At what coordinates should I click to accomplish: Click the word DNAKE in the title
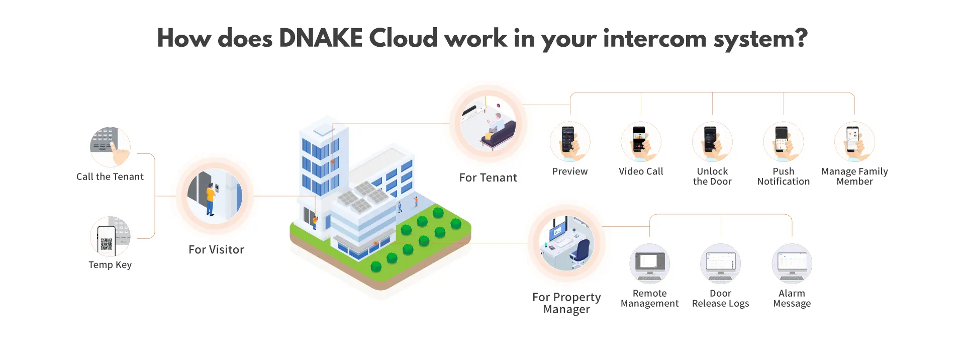pyautogui.click(x=321, y=39)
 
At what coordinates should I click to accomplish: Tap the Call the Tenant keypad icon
pyautogui.click(x=110, y=146)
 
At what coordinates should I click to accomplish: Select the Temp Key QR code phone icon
pyautogui.click(x=110, y=237)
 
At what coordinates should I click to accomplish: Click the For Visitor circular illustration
pyautogui.click(x=215, y=196)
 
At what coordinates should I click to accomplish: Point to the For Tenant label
pyautogui.click(x=488, y=177)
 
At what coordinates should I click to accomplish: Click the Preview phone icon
pyautogui.click(x=569, y=141)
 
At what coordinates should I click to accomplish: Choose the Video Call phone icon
pyautogui.click(x=641, y=141)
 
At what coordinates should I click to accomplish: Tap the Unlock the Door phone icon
pyautogui.click(x=712, y=141)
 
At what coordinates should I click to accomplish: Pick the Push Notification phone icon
pyautogui.click(x=783, y=141)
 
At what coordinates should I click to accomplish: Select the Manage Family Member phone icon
pyautogui.click(x=854, y=141)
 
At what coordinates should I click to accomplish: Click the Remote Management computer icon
pyautogui.click(x=649, y=264)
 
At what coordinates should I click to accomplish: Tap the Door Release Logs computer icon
pyautogui.click(x=720, y=264)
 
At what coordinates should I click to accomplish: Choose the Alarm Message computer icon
pyautogui.click(x=792, y=264)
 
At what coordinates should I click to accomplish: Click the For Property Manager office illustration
pyautogui.click(x=566, y=243)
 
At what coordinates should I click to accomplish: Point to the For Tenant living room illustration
pyautogui.click(x=488, y=124)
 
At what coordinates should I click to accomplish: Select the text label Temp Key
pyautogui.click(x=110, y=265)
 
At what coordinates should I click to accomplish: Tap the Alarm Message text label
pyautogui.click(x=792, y=298)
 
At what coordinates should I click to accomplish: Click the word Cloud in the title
pyautogui.click(x=403, y=39)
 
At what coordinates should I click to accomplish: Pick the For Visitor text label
pyautogui.click(x=216, y=249)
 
